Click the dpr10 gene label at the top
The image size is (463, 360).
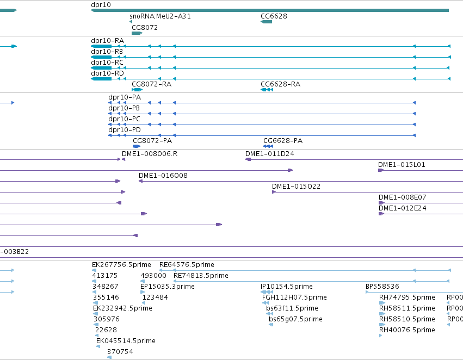coord(101,5)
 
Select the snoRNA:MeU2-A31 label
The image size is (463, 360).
coord(160,16)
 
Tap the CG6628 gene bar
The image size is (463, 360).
coord(267,22)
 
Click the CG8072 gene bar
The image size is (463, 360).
coord(137,33)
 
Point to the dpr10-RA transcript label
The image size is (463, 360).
coord(108,41)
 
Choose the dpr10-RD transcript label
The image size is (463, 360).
coord(108,73)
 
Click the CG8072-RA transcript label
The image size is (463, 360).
coord(151,84)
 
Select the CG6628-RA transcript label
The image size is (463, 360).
coord(281,84)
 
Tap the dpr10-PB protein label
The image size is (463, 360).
coord(124,108)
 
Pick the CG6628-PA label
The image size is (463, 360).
coord(283,141)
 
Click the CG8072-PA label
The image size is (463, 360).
coord(152,141)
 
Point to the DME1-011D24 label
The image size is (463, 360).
coord(270,154)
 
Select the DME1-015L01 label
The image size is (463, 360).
coord(402,165)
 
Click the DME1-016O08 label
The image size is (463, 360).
coord(163,176)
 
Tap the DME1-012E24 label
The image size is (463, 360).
coord(403,208)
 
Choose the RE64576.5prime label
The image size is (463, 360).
coord(187,265)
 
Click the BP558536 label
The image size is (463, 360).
coord(382,287)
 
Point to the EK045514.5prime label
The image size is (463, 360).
coord(126,341)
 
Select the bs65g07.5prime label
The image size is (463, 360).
coord(295,319)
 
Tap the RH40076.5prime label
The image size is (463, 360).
coord(407,330)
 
